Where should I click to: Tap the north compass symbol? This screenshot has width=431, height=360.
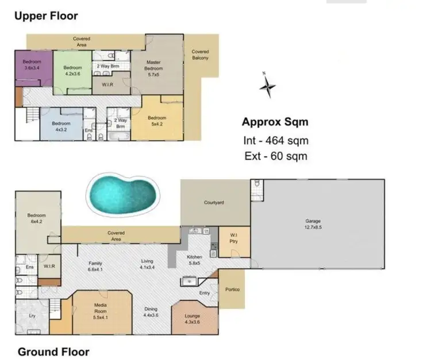tap(267, 87)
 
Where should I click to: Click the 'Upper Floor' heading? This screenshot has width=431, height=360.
tap(45, 16)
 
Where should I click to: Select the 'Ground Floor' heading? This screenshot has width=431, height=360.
tap(53, 351)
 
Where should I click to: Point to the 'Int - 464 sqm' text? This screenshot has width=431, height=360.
tap(275, 141)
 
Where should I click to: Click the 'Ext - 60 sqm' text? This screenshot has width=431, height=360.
tap(275, 156)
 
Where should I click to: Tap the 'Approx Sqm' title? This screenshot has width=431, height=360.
tap(275, 122)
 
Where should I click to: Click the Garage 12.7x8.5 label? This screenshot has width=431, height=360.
tap(313, 223)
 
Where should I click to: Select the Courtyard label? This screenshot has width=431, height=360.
tap(213, 203)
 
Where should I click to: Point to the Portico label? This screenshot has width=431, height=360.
tap(232, 289)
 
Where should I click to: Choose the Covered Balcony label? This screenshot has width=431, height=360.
tap(200, 55)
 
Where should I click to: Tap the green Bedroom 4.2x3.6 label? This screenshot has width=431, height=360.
tap(72, 70)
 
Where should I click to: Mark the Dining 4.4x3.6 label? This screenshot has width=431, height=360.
tap(152, 312)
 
